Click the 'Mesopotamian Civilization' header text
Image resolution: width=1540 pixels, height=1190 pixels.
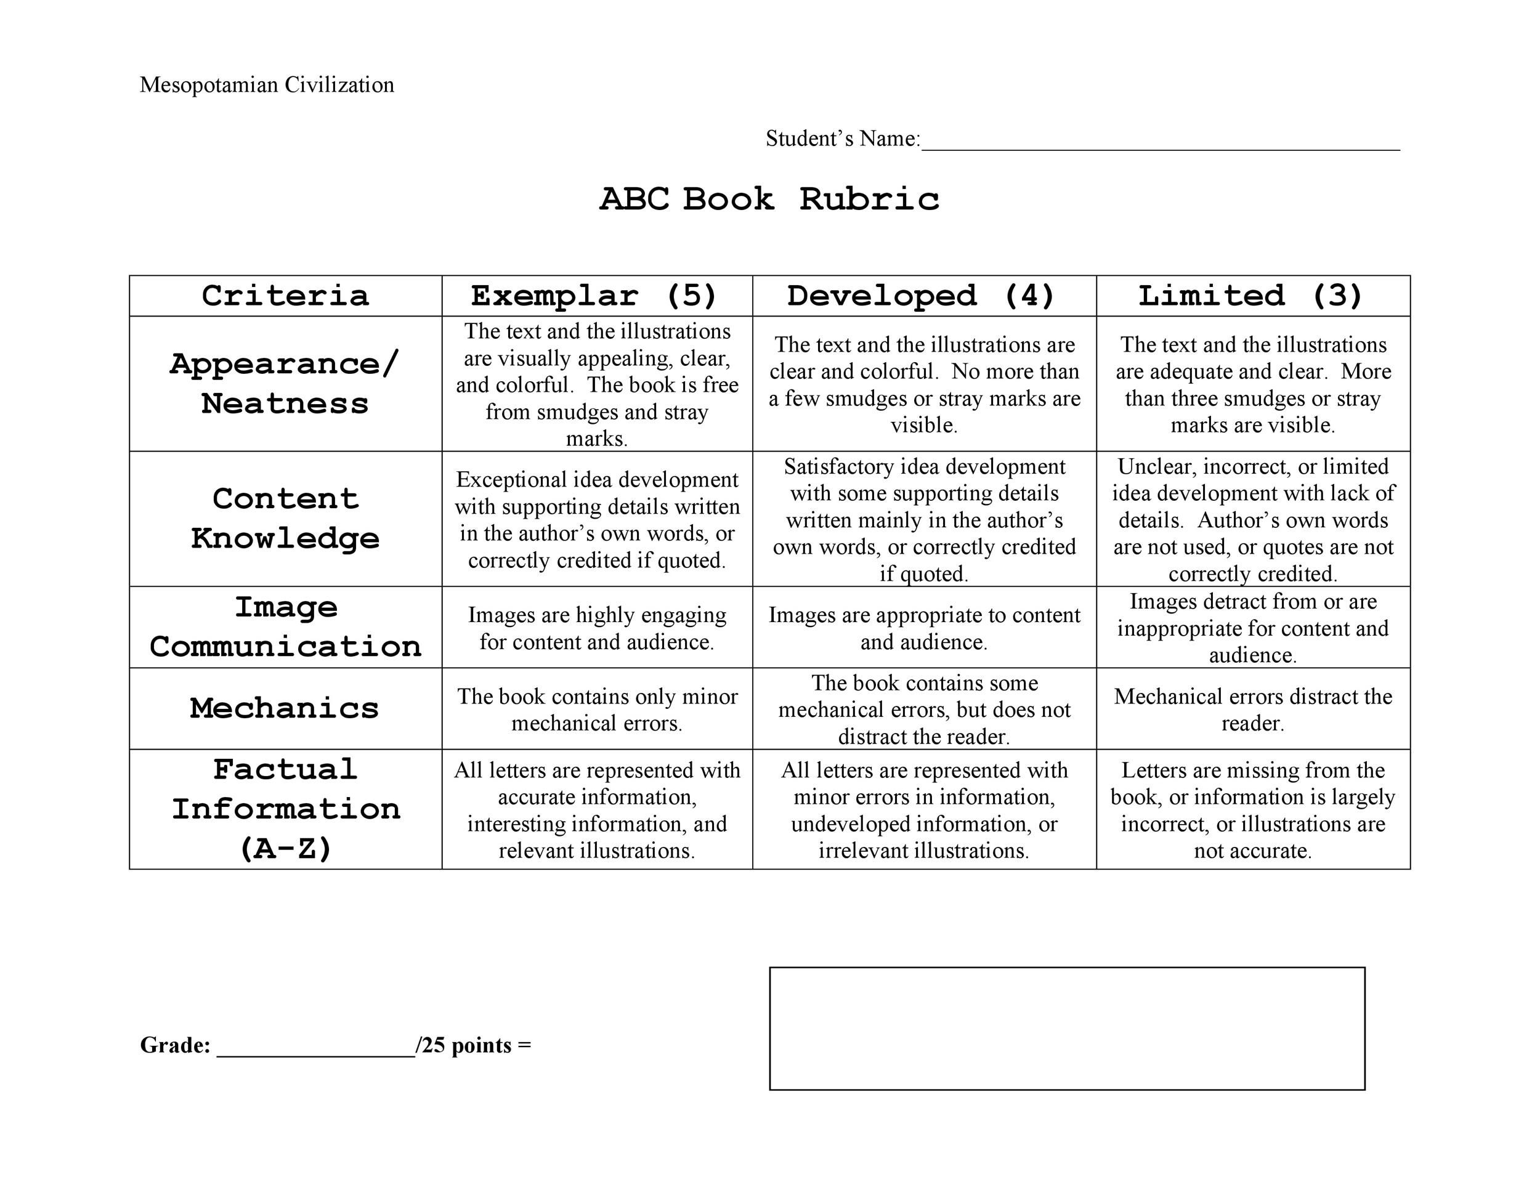pos(267,84)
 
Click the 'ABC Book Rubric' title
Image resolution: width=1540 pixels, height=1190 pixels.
pos(769,199)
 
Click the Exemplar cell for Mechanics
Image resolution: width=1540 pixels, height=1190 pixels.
pos(596,709)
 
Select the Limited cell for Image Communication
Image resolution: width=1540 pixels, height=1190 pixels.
pos(1252,628)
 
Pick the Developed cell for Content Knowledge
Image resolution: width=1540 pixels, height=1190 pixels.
pos(924,520)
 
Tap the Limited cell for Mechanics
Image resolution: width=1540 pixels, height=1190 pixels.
pos(1252,709)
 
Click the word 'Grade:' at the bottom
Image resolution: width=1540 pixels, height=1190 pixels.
pos(175,1045)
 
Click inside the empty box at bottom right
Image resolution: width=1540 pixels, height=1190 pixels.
pos(1066,1029)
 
